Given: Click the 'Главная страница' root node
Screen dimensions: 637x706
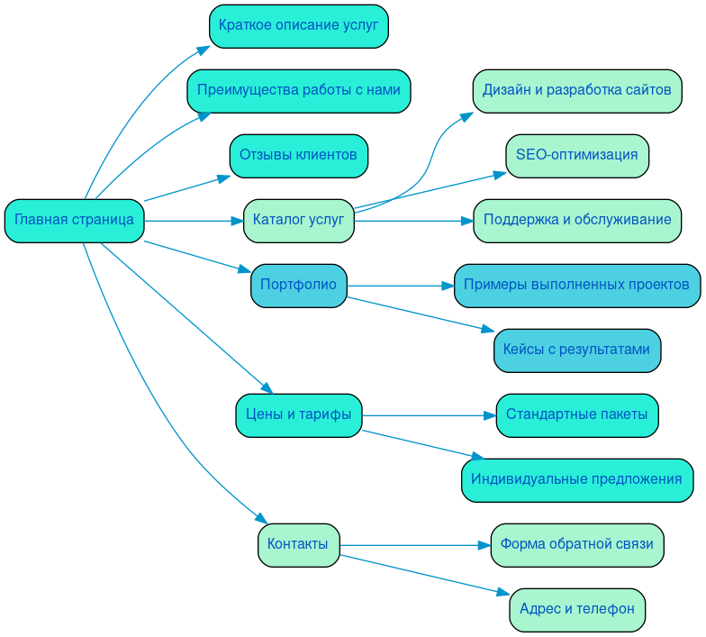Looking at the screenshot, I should click(74, 221).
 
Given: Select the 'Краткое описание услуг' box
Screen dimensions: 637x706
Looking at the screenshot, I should click(298, 26).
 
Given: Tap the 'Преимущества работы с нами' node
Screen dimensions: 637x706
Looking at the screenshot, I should click(298, 91).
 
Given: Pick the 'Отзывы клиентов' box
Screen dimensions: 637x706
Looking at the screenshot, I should click(298, 156).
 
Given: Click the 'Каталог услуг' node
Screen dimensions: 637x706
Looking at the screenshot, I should click(298, 221).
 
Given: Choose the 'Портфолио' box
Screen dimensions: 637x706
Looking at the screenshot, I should click(298, 286).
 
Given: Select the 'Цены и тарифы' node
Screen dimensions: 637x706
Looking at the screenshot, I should click(298, 415).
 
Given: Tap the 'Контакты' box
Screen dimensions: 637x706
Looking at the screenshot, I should click(298, 545).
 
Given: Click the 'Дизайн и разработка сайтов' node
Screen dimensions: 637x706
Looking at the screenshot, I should click(576, 91).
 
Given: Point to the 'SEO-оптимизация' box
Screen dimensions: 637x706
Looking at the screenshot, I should click(576, 156).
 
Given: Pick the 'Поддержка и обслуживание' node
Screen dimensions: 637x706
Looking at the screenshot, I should click(576, 221).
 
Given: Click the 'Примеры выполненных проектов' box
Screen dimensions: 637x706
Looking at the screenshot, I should click(576, 286).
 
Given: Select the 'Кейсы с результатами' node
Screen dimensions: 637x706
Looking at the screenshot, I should click(576, 350).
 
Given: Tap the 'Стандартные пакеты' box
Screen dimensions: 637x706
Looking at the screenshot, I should click(576, 415).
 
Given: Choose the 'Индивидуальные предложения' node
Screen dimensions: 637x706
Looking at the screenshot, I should click(576, 480).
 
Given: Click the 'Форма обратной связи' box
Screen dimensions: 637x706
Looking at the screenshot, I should click(576, 545).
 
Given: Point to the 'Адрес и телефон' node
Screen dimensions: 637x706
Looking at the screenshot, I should click(576, 610).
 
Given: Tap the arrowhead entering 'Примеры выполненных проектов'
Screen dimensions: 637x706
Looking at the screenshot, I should click(448, 286).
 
